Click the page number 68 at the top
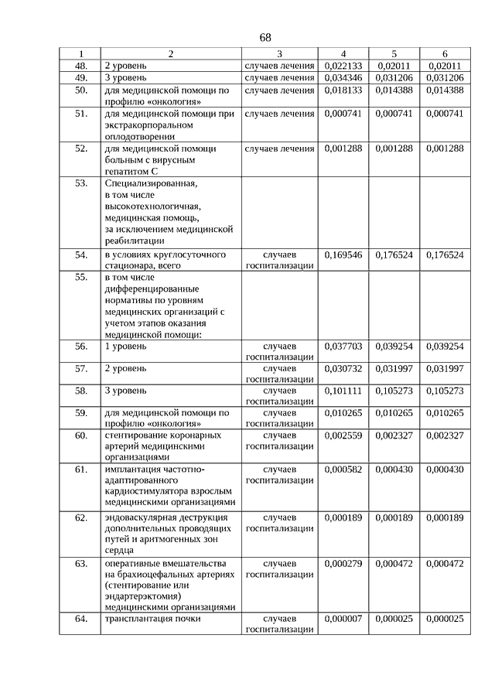(x=265, y=37)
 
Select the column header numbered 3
(x=279, y=53)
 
